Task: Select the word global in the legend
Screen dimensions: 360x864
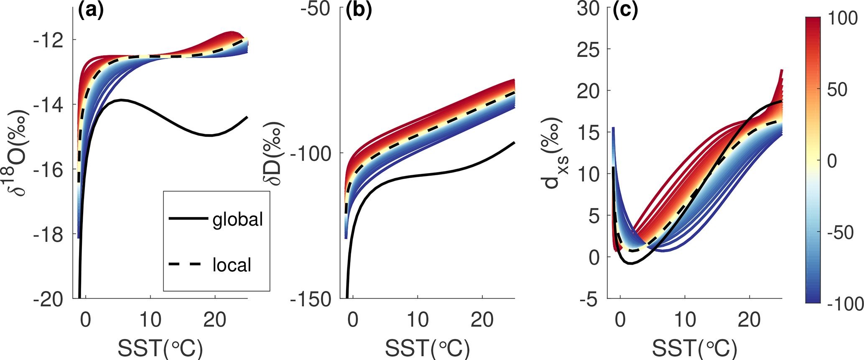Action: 238,219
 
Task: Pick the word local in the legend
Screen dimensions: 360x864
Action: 232,265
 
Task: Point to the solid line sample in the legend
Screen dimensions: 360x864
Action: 188,218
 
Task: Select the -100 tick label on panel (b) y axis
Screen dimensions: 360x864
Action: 310,153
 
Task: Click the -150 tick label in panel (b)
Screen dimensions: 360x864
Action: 310,299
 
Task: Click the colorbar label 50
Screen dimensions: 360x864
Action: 837,89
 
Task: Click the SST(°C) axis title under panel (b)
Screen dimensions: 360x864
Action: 427,347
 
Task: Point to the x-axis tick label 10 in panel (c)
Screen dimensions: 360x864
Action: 685,320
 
